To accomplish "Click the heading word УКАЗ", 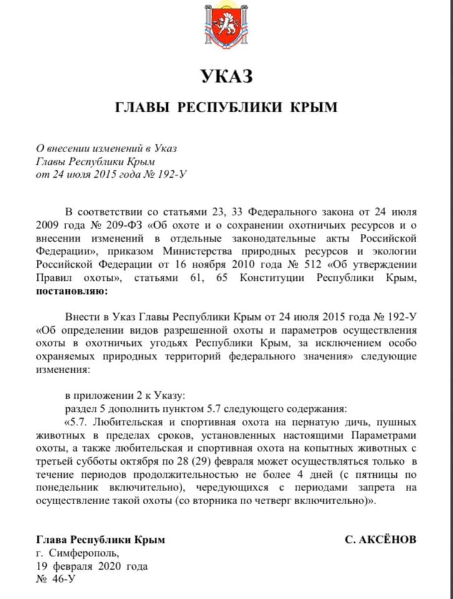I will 226,77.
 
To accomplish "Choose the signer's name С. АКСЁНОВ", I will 379,539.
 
